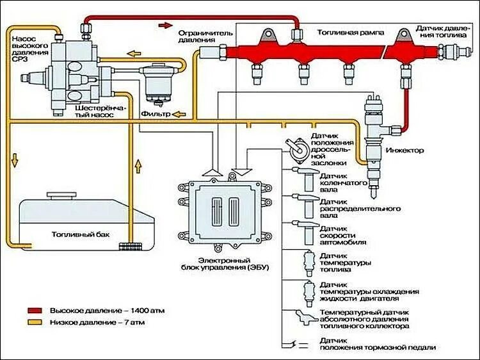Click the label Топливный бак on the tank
pyautogui.click(x=80, y=235)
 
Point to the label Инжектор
pyautogui.click(x=404, y=151)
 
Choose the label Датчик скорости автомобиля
pyautogui.click(x=343, y=235)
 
